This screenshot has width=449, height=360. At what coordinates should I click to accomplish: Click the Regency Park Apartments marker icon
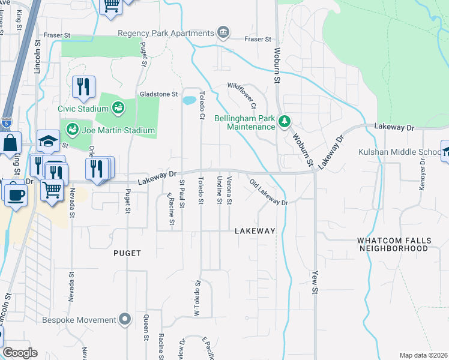[x=224, y=32]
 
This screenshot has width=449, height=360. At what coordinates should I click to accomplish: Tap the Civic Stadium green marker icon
[x=118, y=108]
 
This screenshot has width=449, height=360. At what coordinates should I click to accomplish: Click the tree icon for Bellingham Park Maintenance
[x=285, y=122]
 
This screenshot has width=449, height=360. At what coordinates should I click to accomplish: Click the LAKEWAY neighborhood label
[x=255, y=231]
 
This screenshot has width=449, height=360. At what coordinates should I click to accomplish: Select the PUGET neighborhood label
[x=127, y=253]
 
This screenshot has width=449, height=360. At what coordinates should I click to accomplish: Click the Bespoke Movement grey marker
[x=125, y=319]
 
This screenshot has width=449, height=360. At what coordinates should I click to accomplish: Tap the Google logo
[x=20, y=353]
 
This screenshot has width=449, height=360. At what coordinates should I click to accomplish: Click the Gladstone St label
[x=159, y=94]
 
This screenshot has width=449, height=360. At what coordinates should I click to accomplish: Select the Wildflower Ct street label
[x=242, y=96]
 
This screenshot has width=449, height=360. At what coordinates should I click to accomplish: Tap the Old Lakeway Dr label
[x=269, y=193]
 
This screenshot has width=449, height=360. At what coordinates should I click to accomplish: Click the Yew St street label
[x=314, y=282]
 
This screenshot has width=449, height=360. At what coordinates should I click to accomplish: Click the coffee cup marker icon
[x=14, y=193]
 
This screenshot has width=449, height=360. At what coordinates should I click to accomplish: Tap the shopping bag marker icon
[x=10, y=144]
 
